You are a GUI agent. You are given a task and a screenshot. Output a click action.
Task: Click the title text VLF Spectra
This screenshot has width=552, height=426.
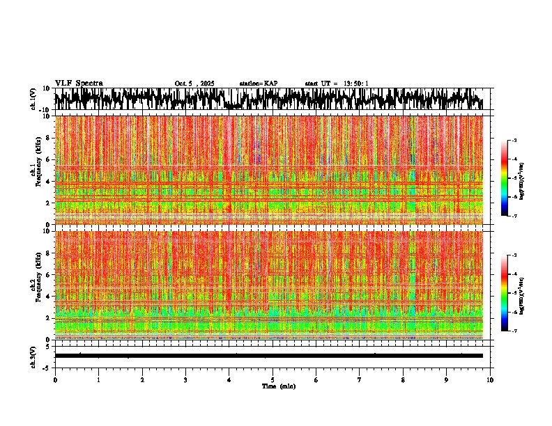(x=79, y=84)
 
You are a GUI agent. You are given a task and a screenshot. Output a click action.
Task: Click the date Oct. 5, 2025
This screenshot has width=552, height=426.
(x=194, y=84)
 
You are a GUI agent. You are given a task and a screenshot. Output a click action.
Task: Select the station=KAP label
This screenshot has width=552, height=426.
(x=258, y=84)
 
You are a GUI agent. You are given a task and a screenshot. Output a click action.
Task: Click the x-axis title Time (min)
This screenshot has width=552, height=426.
(x=278, y=386)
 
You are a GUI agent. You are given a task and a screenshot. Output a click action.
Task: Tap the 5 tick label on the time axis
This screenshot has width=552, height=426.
(x=273, y=380)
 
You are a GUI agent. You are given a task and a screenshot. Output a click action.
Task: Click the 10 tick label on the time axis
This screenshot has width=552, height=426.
(x=490, y=380)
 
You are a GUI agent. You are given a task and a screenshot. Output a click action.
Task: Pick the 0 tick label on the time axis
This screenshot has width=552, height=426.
(x=55, y=380)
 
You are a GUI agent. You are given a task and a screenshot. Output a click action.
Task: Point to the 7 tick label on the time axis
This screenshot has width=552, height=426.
(x=360, y=380)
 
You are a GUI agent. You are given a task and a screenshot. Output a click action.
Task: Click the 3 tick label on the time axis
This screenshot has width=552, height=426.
(x=185, y=380)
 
